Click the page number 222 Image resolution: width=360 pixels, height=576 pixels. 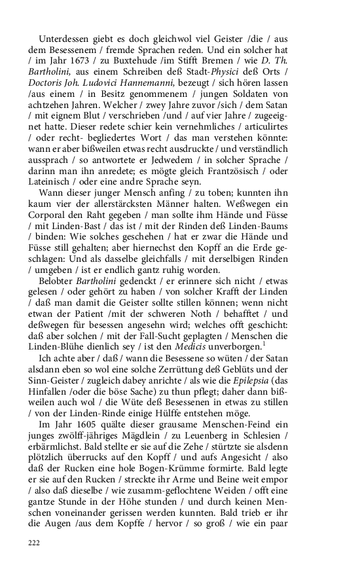click(34, 543)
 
